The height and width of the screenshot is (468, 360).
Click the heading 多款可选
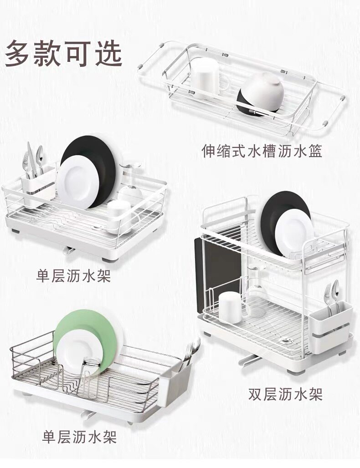(64, 53)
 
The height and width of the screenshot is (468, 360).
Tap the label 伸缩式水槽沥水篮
(262, 151)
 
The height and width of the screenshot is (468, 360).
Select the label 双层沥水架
(285, 394)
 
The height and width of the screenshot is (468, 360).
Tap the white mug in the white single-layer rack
(120, 214)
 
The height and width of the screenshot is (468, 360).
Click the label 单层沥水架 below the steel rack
(79, 437)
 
